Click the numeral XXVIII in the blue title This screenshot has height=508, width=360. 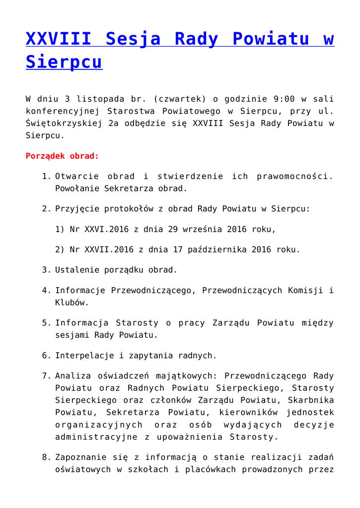[x=59, y=39]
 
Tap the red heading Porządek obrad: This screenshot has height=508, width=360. [x=62, y=156]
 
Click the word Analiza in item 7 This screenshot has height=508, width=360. [x=72, y=376]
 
